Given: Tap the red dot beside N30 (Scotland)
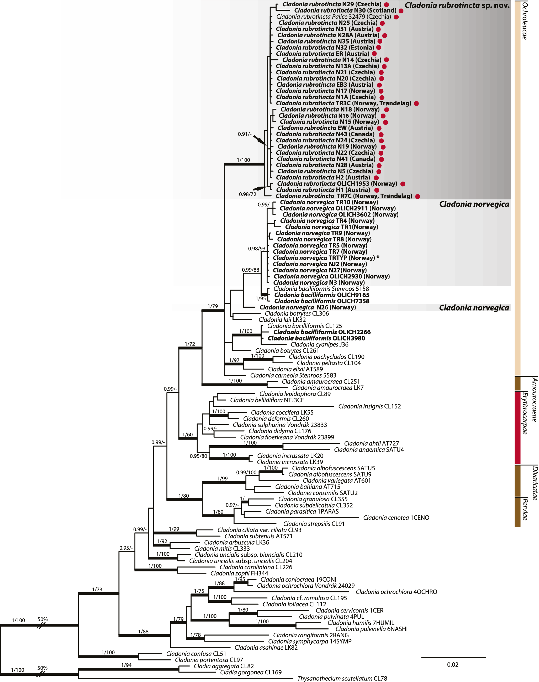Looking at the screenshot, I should pyautogui.click(x=401, y=11).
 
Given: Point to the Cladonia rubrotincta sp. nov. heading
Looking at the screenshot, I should pyautogui.click(x=457, y=5).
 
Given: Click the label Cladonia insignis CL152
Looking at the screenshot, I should pyautogui.click(x=369, y=406).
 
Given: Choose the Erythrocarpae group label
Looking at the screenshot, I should pyautogui.click(x=525, y=412).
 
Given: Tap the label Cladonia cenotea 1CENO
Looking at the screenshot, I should pyautogui.click(x=396, y=518).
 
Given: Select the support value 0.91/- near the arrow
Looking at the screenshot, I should pyautogui.click(x=245, y=134).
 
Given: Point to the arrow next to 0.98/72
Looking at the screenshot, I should pyautogui.click(x=260, y=188).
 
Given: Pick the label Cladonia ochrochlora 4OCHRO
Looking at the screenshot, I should pyautogui.click(x=396, y=592).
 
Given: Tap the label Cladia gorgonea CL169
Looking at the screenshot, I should pyautogui.click(x=251, y=672).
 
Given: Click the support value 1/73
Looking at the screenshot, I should pyautogui.click(x=97, y=590).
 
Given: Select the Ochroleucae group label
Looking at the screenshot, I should pyautogui.click(x=525, y=20).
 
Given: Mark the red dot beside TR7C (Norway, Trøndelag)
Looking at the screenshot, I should pyautogui.click(x=418, y=197).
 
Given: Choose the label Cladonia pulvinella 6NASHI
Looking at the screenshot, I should pyautogui.click(x=371, y=629).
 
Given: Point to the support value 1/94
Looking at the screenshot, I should pyautogui.click(x=126, y=665).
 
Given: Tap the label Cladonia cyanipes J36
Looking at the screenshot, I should pyautogui.click(x=319, y=344).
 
